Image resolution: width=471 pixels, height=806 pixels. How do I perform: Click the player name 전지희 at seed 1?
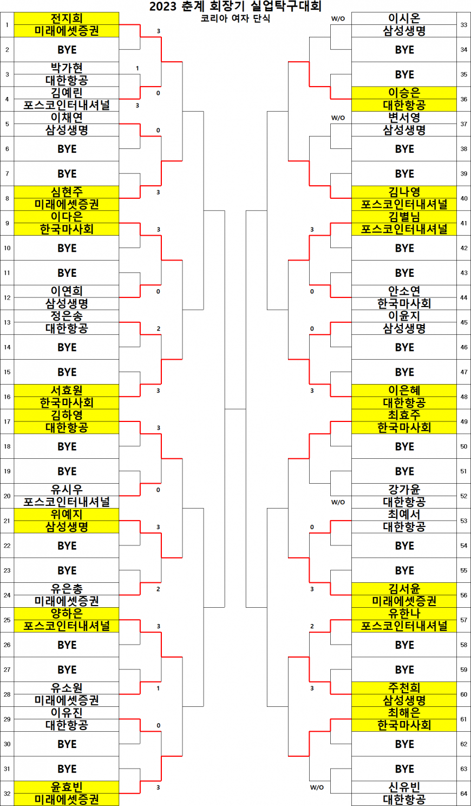coord(67,18)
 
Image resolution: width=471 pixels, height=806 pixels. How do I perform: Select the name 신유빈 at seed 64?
coord(404,787)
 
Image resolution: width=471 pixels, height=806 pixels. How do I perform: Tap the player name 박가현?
coord(67,68)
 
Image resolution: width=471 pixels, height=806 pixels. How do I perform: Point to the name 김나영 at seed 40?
coord(404,192)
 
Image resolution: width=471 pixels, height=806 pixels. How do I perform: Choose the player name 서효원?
coord(67,391)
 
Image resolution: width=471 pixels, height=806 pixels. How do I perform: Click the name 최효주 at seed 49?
coord(404,415)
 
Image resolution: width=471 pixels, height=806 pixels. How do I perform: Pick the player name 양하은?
coord(67,614)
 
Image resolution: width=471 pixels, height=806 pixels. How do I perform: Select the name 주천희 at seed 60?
coord(404,687)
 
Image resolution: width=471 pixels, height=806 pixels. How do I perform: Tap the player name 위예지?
coord(67,514)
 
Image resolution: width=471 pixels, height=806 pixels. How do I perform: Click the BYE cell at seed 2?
coord(67,50)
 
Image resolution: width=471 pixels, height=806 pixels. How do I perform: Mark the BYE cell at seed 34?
coord(404,50)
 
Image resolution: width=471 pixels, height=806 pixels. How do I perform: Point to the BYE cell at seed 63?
coord(404,769)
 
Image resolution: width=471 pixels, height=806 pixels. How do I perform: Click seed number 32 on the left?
coord(7,794)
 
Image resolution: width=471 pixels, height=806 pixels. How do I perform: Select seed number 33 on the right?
coord(464,25)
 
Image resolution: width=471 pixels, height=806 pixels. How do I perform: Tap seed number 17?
coord(7,421)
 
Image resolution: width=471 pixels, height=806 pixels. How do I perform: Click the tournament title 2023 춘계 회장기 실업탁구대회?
coord(235,6)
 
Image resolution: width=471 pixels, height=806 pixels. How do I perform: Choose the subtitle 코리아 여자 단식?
coord(235,18)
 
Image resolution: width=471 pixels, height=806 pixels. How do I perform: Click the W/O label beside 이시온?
coord(338,19)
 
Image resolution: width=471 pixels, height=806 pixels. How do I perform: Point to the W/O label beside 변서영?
coord(338,118)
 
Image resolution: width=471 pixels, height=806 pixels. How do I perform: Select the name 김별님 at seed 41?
coord(404,217)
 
